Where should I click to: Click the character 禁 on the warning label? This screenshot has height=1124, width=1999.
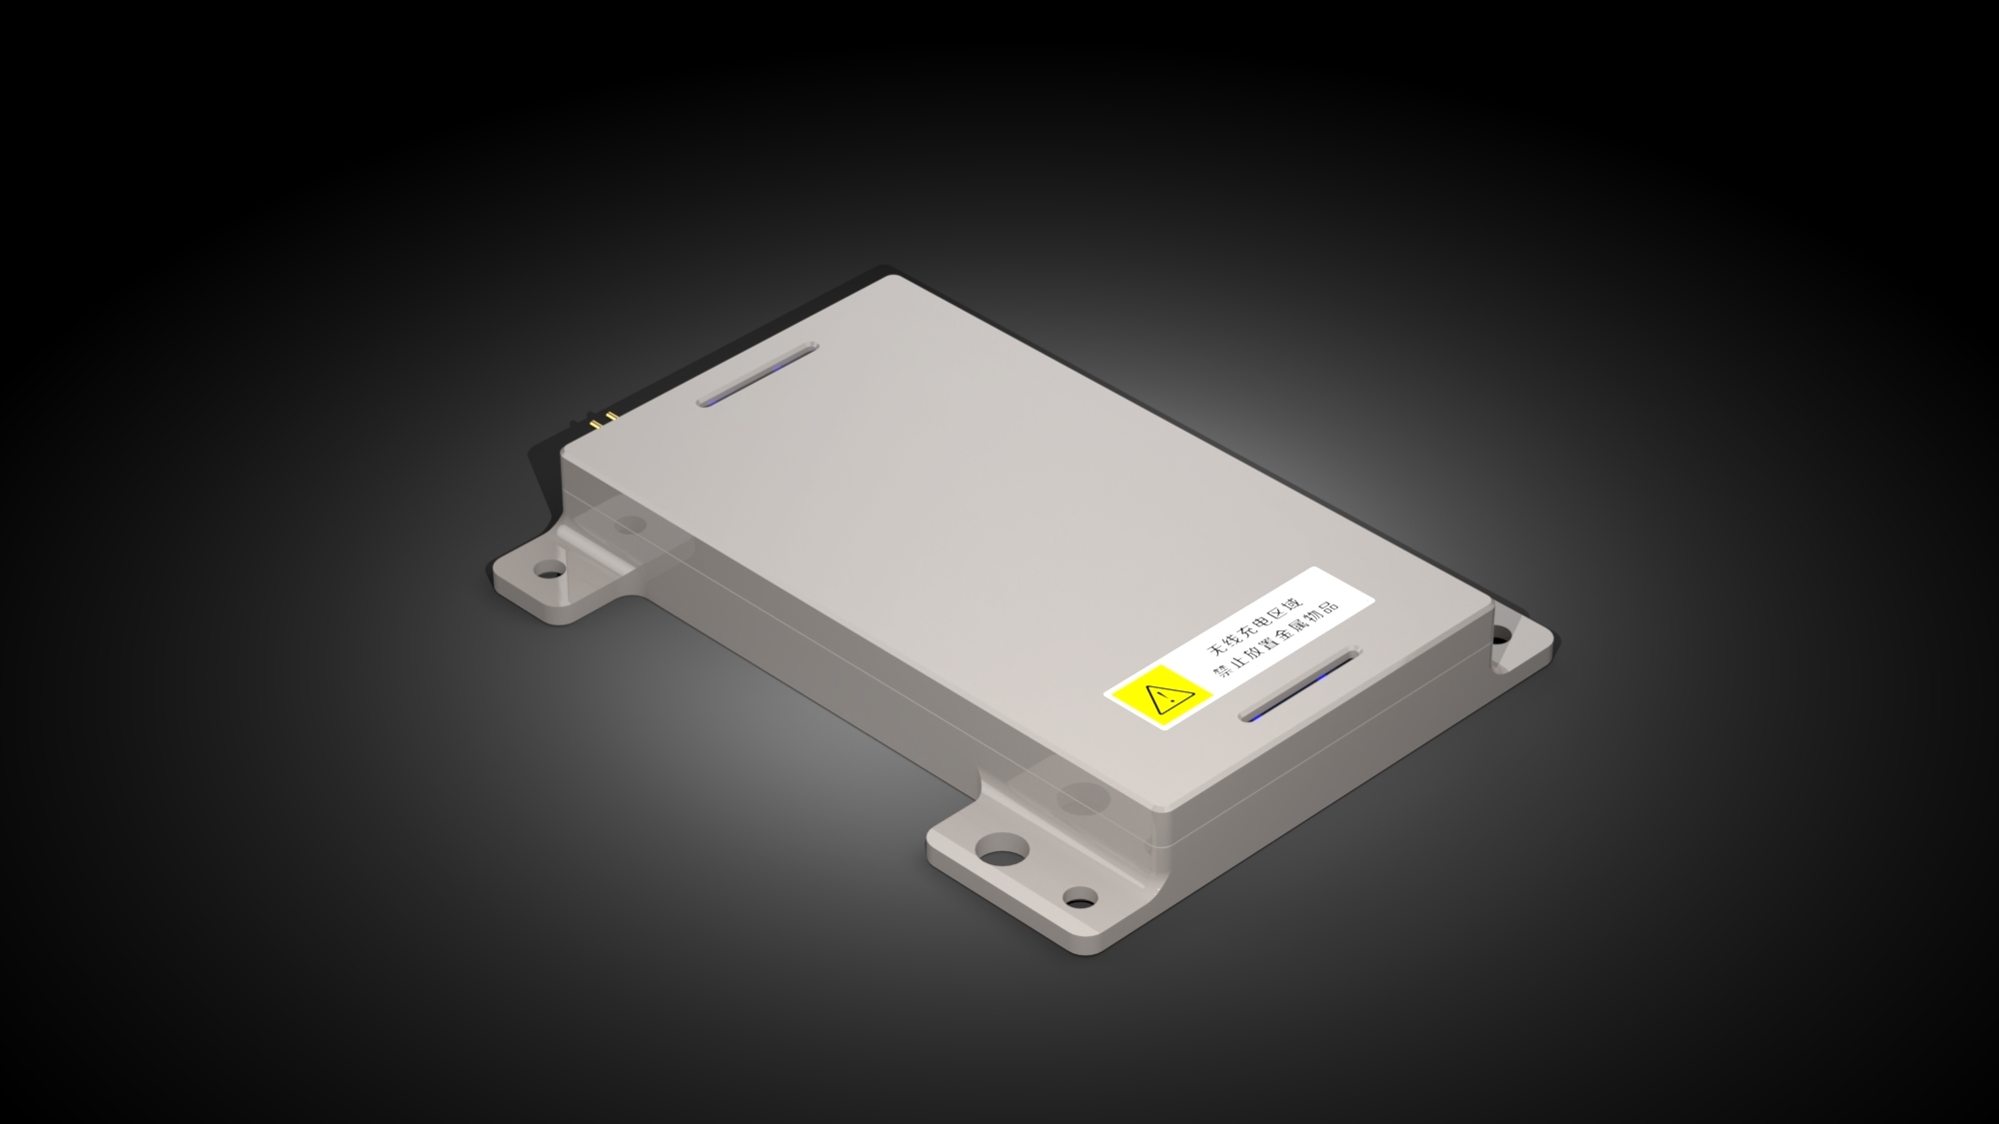[x=1220, y=671]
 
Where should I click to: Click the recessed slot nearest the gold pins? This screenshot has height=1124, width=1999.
[x=757, y=376]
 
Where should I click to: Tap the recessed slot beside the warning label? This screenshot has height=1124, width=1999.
[x=1300, y=685]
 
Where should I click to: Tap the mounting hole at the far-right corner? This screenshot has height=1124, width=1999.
[x=1500, y=633]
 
